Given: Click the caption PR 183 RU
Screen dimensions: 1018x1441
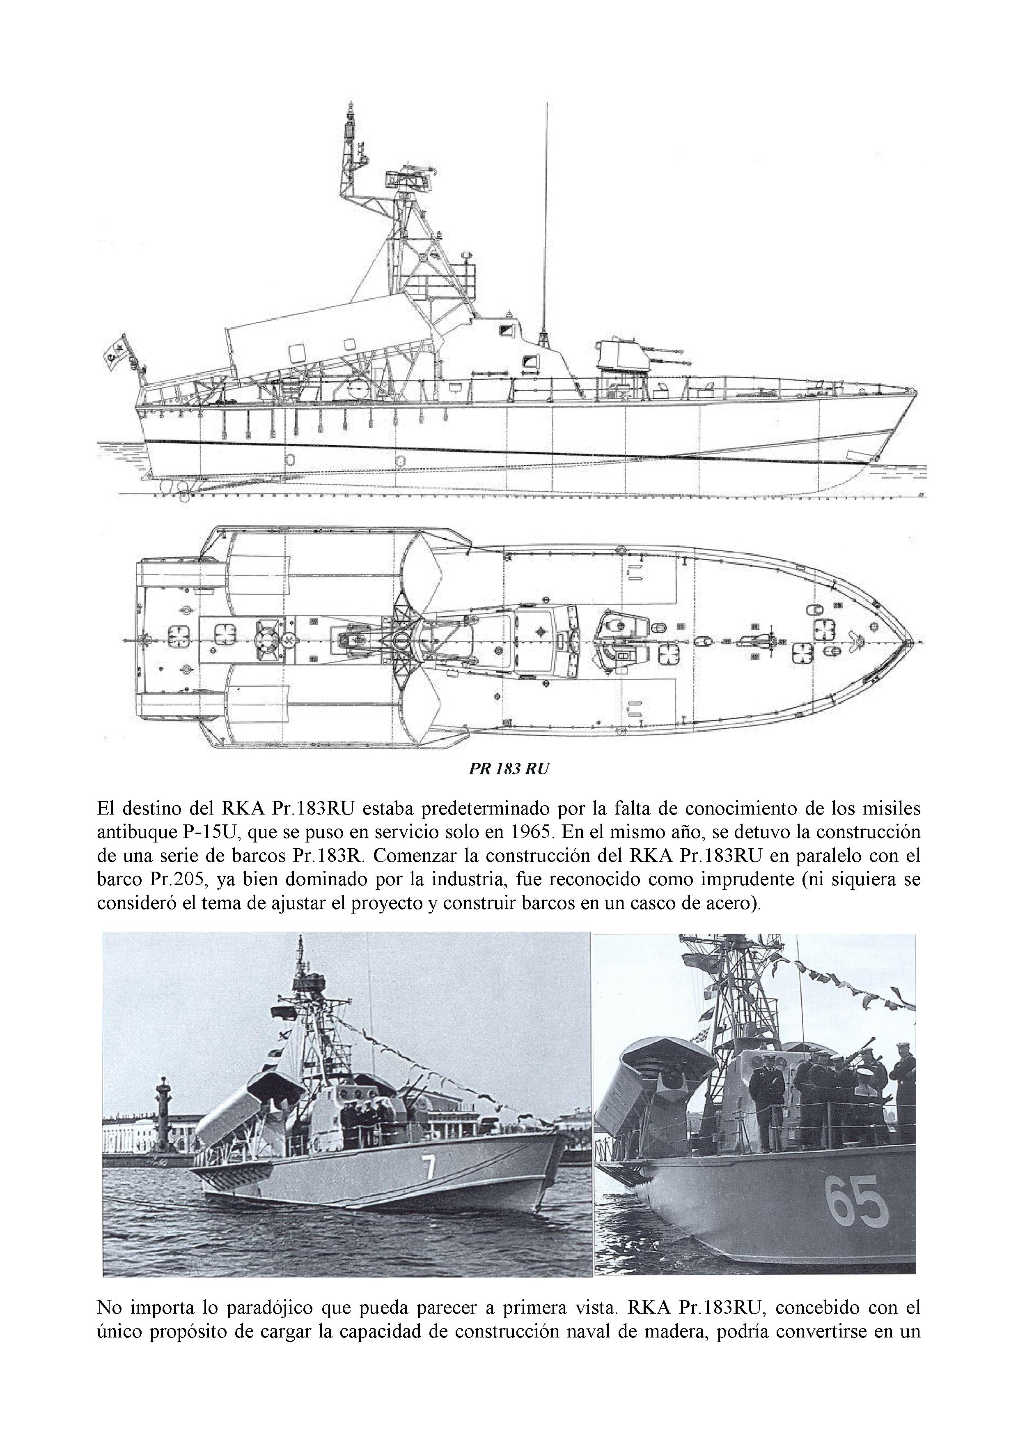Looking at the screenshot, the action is point(508,769).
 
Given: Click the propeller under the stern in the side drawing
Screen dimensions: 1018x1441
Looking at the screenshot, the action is point(184,495).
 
